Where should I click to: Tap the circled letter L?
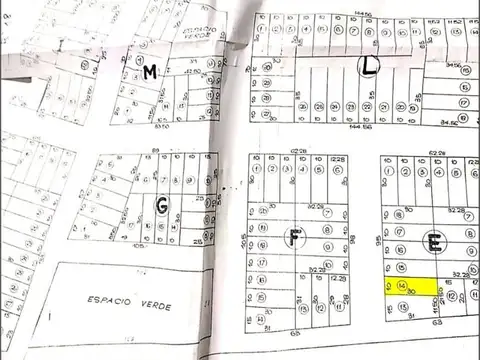pos(368,66)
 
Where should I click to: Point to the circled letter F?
pos(294,237)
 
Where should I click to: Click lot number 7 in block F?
pos(326,212)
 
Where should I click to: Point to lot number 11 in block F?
pos(259,320)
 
